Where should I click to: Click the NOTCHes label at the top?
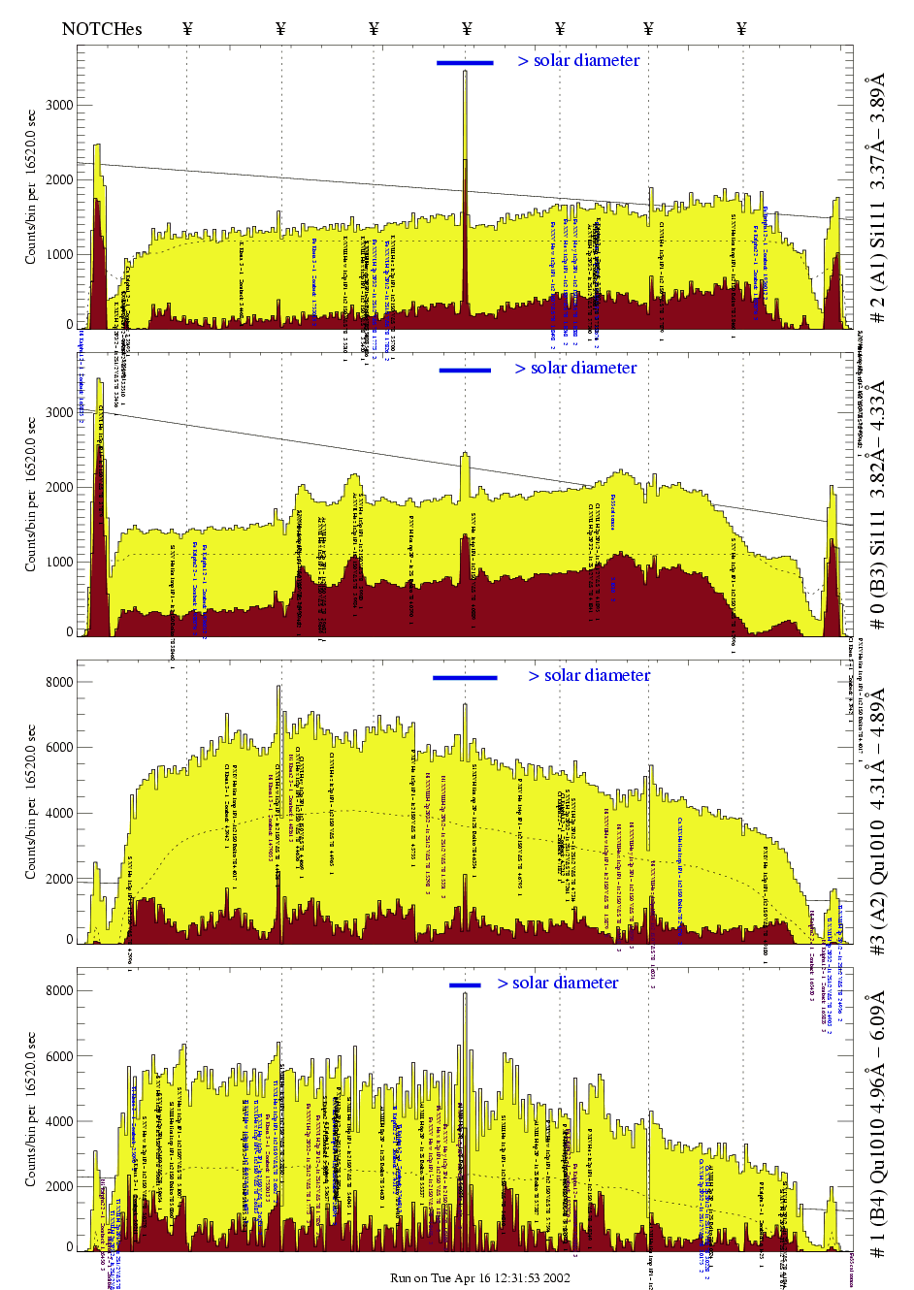(x=102, y=28)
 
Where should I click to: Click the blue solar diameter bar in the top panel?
(x=465, y=63)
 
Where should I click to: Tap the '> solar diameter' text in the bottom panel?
(x=558, y=984)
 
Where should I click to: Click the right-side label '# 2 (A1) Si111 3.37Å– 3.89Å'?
(x=878, y=198)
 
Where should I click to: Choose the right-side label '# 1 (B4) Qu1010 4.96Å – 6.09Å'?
(x=878, y=1125)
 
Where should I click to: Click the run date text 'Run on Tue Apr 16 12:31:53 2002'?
(x=479, y=1278)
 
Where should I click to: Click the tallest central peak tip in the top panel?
(x=465, y=72)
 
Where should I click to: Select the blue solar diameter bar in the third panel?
(x=465, y=678)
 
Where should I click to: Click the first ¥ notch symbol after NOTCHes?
(x=187, y=28)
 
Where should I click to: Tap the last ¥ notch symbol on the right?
(x=741, y=28)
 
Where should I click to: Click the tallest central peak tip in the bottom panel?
(x=465, y=994)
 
